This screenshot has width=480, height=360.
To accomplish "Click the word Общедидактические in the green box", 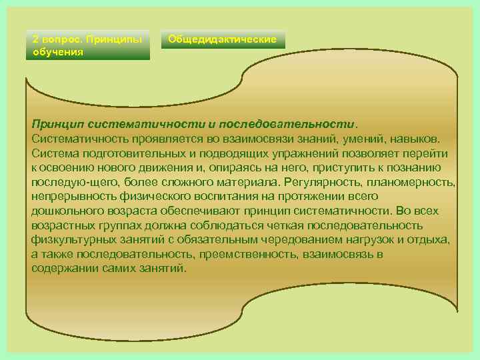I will click(222, 39).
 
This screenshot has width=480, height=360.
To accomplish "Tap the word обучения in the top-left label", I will click(58, 51).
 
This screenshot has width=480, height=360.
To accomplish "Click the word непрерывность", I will click(68, 197).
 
